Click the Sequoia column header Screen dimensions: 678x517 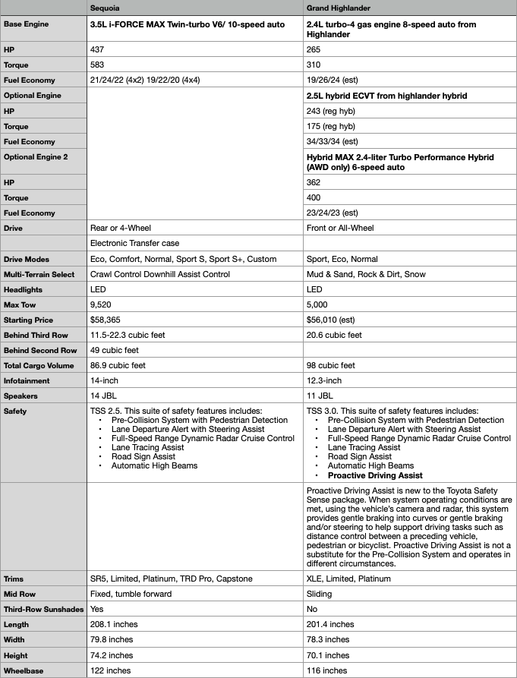pos(105,8)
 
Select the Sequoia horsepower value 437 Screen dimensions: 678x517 pos(97,49)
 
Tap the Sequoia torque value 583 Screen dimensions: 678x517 pos(97,64)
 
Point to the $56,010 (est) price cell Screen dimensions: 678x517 pos(333,320)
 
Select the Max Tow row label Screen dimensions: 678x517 pos(21,304)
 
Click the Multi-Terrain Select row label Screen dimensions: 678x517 pos(39,274)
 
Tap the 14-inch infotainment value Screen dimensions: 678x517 pos(105,381)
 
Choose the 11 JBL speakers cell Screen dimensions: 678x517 pos(321,396)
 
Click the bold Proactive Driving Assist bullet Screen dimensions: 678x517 pos(375,475)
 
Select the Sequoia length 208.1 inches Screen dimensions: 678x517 pos(112,624)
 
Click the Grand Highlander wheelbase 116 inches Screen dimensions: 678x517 pos(327,670)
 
